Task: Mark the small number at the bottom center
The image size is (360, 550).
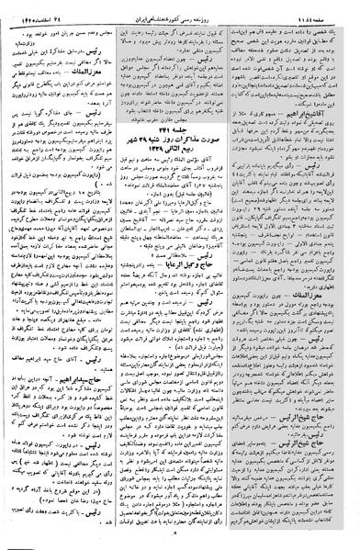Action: tap(180, 541)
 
